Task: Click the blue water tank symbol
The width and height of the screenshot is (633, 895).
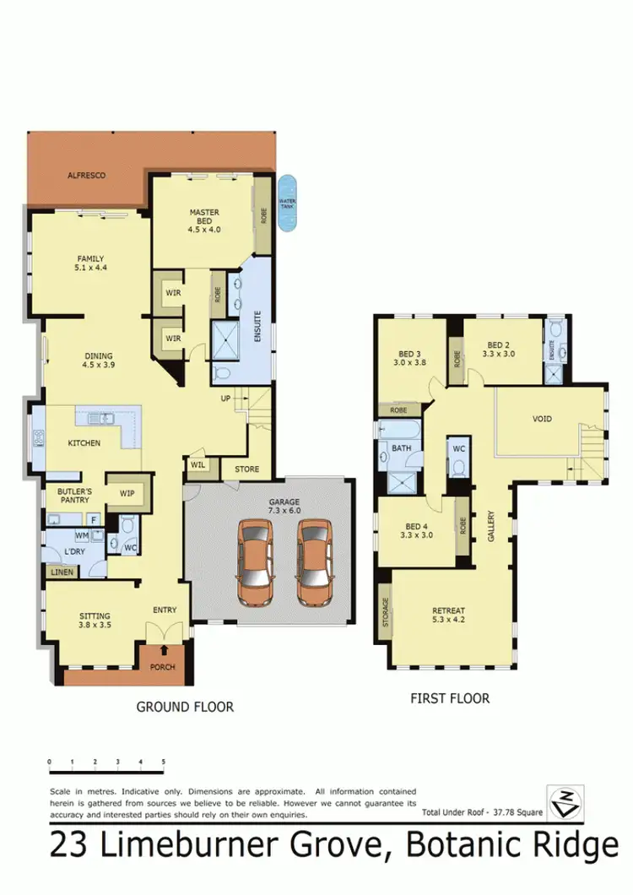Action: click(x=288, y=203)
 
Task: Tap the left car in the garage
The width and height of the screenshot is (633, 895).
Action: click(x=254, y=563)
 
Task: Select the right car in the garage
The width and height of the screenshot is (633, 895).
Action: click(x=314, y=563)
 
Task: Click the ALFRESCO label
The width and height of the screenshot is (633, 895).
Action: click(x=86, y=175)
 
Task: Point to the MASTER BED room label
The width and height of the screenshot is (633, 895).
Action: click(x=203, y=220)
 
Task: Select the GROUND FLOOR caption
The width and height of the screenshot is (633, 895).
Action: click(x=185, y=707)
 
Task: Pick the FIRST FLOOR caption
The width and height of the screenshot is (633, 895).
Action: click(x=449, y=698)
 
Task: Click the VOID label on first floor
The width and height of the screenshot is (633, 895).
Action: click(x=542, y=419)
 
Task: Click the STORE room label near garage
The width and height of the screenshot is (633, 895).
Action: click(x=247, y=469)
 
